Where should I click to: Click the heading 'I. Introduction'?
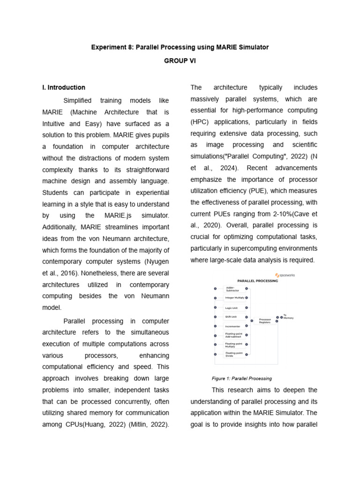click(64, 87)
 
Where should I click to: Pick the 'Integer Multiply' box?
click(235, 298)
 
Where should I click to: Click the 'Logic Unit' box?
click(232, 308)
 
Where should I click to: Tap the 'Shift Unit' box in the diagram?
click(231, 317)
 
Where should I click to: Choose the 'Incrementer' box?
click(232, 326)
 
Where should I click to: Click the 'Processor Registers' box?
click(265, 321)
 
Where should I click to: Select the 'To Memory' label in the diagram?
click(288, 316)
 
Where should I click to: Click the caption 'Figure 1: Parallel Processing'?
click(241, 378)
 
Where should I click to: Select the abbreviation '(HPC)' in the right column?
click(200, 122)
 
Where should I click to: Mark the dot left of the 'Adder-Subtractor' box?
click(215, 289)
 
